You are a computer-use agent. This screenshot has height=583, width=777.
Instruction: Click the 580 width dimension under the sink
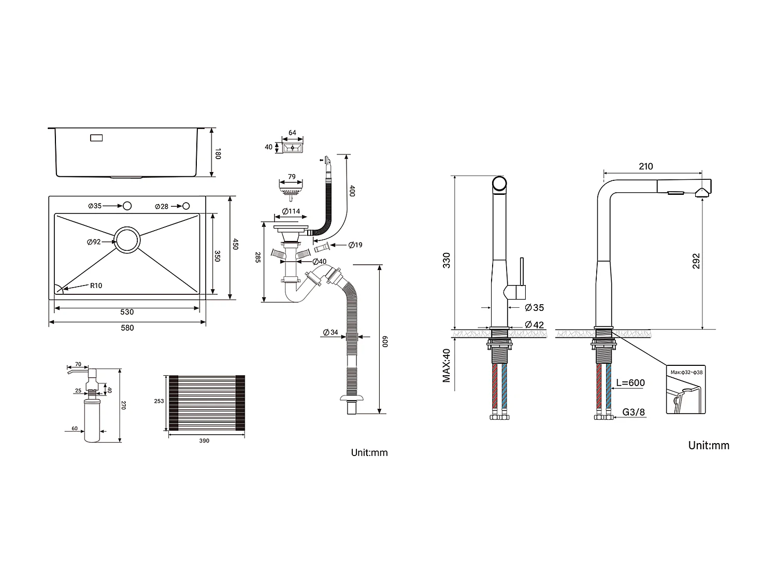127,328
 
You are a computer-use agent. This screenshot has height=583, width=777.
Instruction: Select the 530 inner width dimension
127,312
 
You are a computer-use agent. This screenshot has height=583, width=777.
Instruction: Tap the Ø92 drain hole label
94,242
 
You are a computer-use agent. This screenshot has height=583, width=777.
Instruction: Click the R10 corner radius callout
96,286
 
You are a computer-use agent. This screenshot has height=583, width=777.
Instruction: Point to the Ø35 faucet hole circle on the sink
127,206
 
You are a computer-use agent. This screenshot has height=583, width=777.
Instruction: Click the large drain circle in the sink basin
127,239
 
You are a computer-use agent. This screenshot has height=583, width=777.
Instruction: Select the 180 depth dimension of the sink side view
218,153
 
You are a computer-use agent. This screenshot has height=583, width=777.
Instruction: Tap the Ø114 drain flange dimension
291,211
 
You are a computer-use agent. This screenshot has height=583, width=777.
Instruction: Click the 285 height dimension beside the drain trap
257,258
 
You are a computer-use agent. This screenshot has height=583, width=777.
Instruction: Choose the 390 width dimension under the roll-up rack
204,441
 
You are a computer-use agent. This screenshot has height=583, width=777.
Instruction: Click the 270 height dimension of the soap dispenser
123,405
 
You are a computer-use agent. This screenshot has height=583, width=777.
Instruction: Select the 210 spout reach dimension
646,166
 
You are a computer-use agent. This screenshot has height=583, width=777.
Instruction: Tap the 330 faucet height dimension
447,260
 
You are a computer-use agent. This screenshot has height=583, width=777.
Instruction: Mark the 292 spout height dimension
696,261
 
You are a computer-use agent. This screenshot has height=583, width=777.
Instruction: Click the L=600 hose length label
630,383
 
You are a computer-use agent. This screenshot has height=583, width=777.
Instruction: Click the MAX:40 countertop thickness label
447,365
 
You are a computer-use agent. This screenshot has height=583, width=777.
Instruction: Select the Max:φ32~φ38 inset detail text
686,373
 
